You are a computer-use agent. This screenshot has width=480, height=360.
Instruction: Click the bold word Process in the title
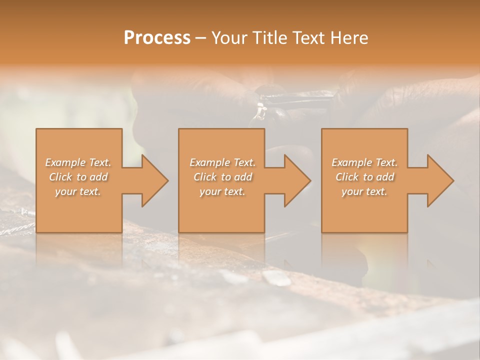tap(157, 38)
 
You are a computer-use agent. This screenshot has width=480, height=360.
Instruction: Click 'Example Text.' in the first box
tap(78, 162)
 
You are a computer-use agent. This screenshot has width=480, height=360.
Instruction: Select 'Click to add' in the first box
tap(78, 177)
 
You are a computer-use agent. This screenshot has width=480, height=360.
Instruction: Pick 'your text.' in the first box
tap(78, 191)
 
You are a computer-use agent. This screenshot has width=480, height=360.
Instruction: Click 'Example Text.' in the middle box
tap(222, 162)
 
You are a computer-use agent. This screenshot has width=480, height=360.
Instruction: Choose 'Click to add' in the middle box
tap(222, 177)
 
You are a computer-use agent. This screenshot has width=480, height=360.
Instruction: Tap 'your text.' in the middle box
tap(222, 191)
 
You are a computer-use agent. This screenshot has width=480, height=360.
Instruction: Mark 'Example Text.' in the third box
tap(364, 162)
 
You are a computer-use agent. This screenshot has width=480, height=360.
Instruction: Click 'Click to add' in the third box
tap(364, 177)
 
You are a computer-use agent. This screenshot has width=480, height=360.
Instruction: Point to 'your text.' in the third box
tap(364, 191)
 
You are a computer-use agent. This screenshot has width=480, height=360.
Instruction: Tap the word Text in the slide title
tap(308, 38)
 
